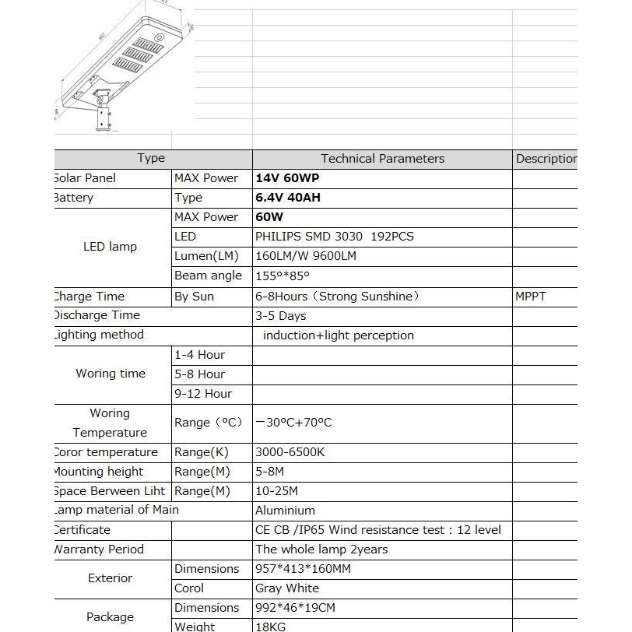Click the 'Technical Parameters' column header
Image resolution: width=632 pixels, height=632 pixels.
pyautogui.click(x=382, y=159)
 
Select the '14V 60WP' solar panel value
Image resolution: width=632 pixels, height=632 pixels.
pyautogui.click(x=287, y=178)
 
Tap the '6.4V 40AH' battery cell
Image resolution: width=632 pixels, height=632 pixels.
pyautogui.click(x=288, y=198)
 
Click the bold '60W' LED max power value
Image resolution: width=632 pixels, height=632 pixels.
pyautogui.click(x=269, y=217)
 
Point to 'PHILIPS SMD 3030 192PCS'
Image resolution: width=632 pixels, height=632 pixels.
pyautogui.click(x=335, y=237)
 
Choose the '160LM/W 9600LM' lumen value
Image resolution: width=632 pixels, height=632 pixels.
pyautogui.click(x=306, y=256)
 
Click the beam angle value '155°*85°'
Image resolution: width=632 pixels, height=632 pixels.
pyautogui.click(x=283, y=276)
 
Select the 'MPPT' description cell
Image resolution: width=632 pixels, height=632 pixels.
pyautogui.click(x=531, y=297)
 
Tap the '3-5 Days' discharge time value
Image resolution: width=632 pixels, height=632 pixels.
pyautogui.click(x=281, y=316)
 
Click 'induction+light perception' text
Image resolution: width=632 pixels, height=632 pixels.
pyautogui.click(x=339, y=335)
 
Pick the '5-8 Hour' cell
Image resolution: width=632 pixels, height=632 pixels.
pyautogui.click(x=200, y=374)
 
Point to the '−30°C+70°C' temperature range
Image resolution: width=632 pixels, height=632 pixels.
pyautogui.click(x=294, y=423)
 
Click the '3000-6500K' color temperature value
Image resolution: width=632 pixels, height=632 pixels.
pyautogui.click(x=290, y=452)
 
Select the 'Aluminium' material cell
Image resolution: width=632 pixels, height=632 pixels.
pyautogui.click(x=285, y=511)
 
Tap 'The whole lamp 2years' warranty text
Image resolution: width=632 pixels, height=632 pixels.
pyautogui.click(x=321, y=549)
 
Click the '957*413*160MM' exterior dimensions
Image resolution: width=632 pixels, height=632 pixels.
pyautogui.click(x=303, y=569)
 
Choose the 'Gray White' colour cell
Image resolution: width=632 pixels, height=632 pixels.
pyautogui.click(x=287, y=588)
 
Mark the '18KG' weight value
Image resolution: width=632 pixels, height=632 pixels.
pyautogui.click(x=271, y=627)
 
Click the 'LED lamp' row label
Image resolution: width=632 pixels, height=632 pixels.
pyautogui.click(x=110, y=247)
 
